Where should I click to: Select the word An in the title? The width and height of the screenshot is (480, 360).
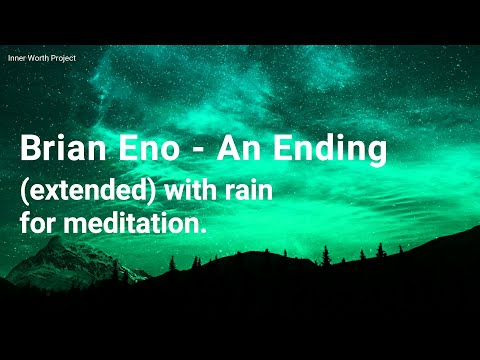pos(242,150)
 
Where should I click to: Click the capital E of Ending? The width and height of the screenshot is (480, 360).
pos(283,150)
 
